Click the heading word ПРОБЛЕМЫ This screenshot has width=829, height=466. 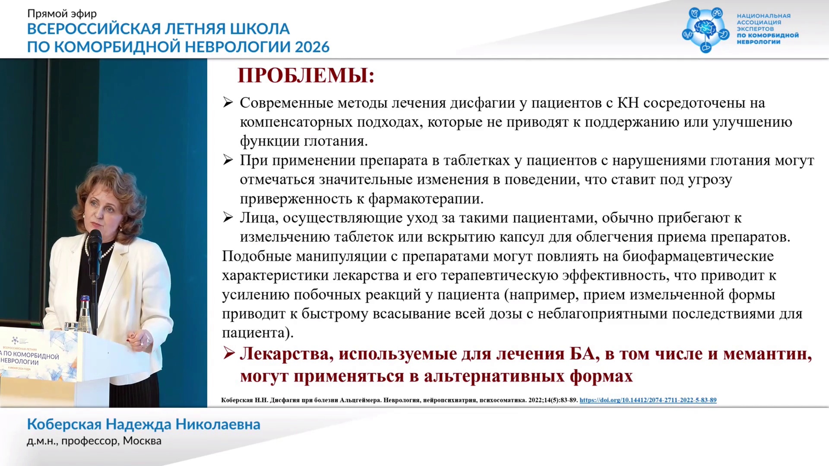tap(306, 76)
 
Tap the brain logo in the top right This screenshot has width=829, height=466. tap(706, 30)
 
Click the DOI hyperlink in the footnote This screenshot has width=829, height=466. tap(648, 400)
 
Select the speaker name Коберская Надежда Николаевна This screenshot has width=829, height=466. tap(144, 425)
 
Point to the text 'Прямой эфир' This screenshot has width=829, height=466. tap(62, 14)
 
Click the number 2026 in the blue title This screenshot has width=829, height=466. tap(312, 47)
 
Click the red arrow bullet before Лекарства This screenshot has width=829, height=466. tap(228, 354)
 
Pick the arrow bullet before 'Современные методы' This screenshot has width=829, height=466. tap(228, 103)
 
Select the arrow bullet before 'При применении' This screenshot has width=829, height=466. tap(228, 160)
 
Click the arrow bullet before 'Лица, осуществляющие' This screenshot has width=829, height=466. tap(228, 217)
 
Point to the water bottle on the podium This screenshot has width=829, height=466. tap(85, 313)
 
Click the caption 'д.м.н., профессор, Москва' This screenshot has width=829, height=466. tap(94, 441)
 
